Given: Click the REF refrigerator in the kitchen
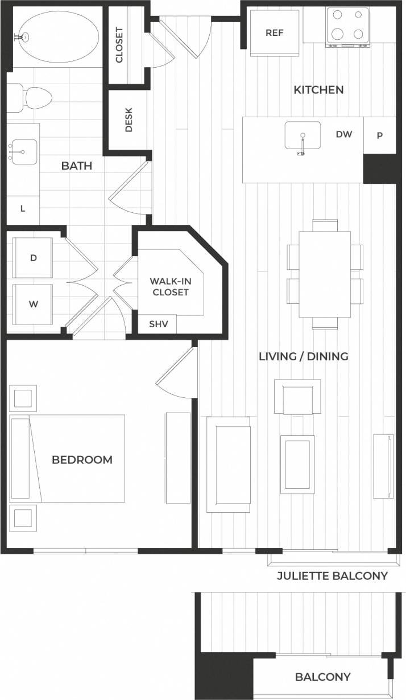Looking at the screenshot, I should pos(274,33).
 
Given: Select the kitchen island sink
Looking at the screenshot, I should pos(303,137).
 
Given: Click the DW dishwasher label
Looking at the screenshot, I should pos(344,134).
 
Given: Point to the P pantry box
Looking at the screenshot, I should pos(379,135).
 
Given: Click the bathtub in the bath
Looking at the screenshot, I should pos(55,35).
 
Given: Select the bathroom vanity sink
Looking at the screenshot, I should pos(23,153).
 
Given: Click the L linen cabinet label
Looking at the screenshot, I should pos(23,208).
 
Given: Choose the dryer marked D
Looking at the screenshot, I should pos(33,258).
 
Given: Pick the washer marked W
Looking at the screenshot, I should pos(33,303).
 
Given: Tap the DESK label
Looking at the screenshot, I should pos(129,121).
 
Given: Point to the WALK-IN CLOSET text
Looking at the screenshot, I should pos(169,286).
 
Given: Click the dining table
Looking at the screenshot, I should pos(325,274).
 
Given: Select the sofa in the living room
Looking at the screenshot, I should pos(229,464).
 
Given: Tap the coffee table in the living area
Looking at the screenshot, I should pos(297,464).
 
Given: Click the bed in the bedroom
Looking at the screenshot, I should pos(77,458).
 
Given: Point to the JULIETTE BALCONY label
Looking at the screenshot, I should pos(332,576).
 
